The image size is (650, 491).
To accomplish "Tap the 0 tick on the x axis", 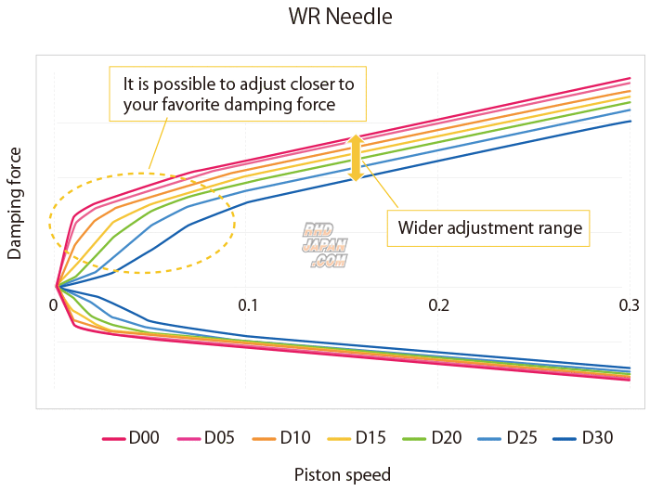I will pyautogui.click(x=54, y=305).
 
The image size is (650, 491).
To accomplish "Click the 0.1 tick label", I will pyautogui.click(x=247, y=305).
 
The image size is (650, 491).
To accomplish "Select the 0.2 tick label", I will pyautogui.click(x=438, y=305).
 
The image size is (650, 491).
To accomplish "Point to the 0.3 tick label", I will pyautogui.click(x=630, y=305).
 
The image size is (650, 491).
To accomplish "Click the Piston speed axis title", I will pyautogui.click(x=343, y=474).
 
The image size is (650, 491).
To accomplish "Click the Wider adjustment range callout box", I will pyautogui.click(x=489, y=227).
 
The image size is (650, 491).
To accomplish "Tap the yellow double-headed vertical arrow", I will pyautogui.click(x=355, y=158).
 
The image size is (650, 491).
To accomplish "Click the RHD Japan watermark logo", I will pyautogui.click(x=324, y=245).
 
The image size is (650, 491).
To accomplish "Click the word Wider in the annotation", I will pyautogui.click(x=419, y=227).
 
